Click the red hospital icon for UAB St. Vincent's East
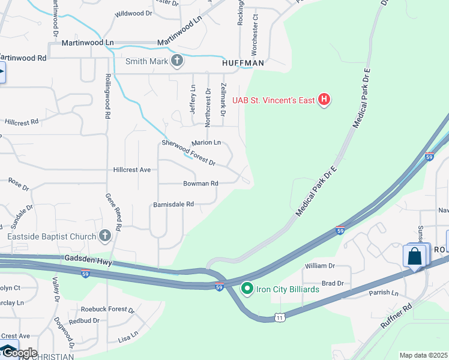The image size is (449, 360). pos(324,100)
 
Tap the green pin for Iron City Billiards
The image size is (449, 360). pos(247,289)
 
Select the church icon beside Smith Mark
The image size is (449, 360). pos(176,61)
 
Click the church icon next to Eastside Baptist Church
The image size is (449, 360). pos(105,236)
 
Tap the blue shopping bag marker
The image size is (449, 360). pos(415,256)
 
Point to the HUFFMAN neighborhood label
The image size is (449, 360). pos(243,62)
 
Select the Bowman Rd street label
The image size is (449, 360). pos(200,183)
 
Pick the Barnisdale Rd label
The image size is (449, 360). pos(173,204)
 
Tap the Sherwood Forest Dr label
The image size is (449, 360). pos(188,152)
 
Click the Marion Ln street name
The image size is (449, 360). pos(206,142)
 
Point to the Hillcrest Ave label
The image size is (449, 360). pos(131,170)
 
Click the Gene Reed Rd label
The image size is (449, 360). pos(114,212)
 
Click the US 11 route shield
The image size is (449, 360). pos(280,317)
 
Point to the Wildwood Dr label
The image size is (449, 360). pos(133,13)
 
